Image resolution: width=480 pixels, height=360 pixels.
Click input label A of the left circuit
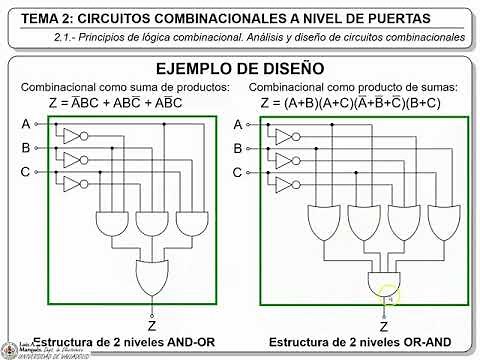[x=25, y=123]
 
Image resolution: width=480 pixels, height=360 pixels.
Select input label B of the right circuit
[x=237, y=149]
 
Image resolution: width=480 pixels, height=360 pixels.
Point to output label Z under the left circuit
[x=152, y=324]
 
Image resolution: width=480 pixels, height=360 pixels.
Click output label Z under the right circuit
[x=384, y=325]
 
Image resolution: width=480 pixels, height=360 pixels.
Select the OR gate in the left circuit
[x=151, y=274]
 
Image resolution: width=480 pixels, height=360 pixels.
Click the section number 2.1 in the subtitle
[x=65, y=37]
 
